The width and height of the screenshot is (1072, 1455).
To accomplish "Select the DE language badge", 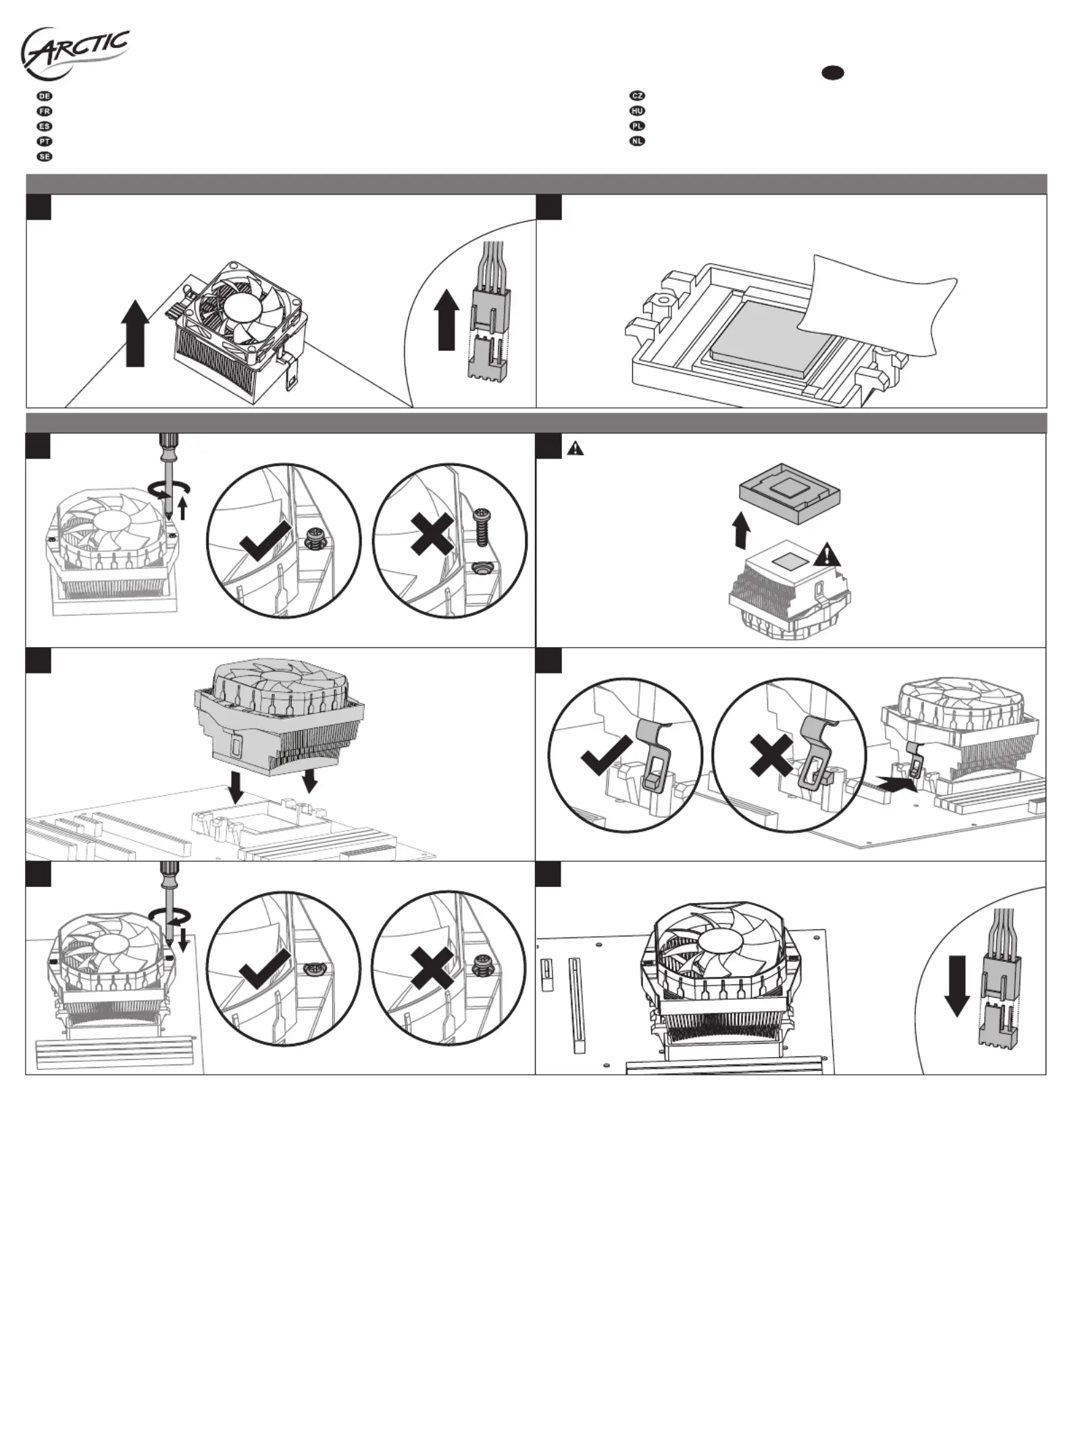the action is click(x=45, y=96).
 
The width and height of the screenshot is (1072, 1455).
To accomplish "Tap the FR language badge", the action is click(x=45, y=111).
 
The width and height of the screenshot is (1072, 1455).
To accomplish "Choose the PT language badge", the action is click(x=45, y=141).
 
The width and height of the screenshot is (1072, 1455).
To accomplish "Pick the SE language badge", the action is click(x=45, y=157).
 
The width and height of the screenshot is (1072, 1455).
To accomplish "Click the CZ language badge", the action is click(x=637, y=96).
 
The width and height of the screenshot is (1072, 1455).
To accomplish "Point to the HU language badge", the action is click(x=637, y=111).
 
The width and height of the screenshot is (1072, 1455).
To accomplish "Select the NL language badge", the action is click(x=637, y=141).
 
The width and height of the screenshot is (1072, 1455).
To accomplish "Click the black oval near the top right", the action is click(x=833, y=72).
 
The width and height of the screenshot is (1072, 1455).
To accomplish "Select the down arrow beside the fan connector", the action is click(x=956, y=986).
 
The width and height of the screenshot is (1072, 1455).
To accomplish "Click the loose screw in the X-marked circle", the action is click(x=481, y=528).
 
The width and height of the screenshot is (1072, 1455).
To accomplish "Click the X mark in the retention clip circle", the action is click(x=772, y=755).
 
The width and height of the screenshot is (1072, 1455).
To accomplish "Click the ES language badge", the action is click(x=45, y=126).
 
